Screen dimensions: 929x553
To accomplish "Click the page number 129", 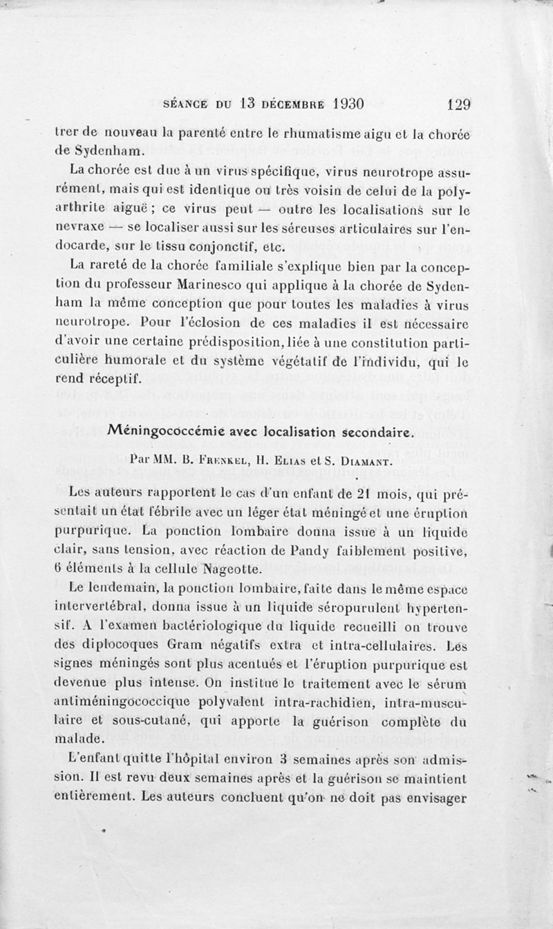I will [x=459, y=105].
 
